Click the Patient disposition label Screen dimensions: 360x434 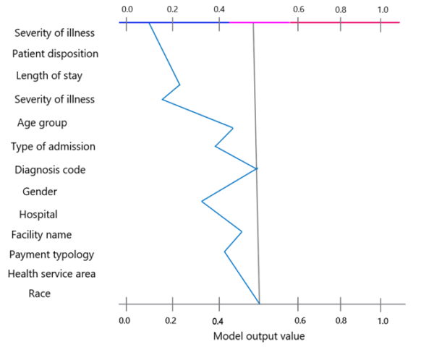[55, 53]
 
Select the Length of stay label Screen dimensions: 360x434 [49, 76]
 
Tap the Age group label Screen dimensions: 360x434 [47, 123]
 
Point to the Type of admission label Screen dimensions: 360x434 [53, 147]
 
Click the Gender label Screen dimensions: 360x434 [40, 192]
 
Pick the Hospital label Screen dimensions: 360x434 [38, 215]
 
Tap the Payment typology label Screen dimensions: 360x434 [51, 254]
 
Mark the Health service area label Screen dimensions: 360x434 [51, 274]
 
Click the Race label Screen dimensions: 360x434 [39, 293]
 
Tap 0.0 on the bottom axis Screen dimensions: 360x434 [125, 320]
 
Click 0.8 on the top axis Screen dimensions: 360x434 [341, 9]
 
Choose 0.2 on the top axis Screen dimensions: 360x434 [172, 9]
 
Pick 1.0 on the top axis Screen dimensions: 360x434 [383, 9]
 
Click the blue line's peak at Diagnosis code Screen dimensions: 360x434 [257, 168]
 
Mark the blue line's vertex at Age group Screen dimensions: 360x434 [233, 128]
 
